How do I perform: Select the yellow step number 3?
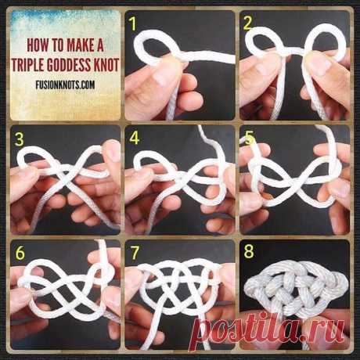(20, 139)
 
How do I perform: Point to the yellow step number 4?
(135, 139)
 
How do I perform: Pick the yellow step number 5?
(249, 139)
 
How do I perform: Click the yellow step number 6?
(20, 253)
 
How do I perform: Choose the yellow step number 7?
(135, 253)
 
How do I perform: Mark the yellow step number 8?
(249, 251)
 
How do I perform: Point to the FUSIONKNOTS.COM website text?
(65, 85)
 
